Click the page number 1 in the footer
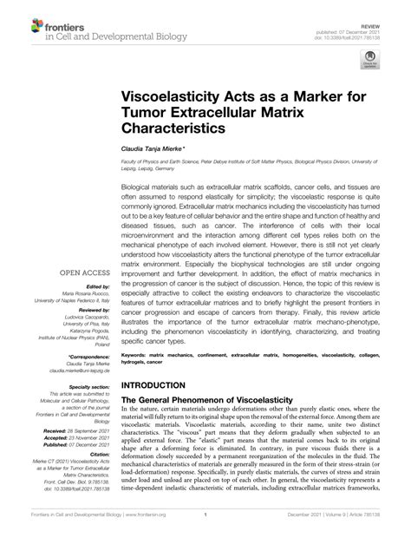click(204, 524)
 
